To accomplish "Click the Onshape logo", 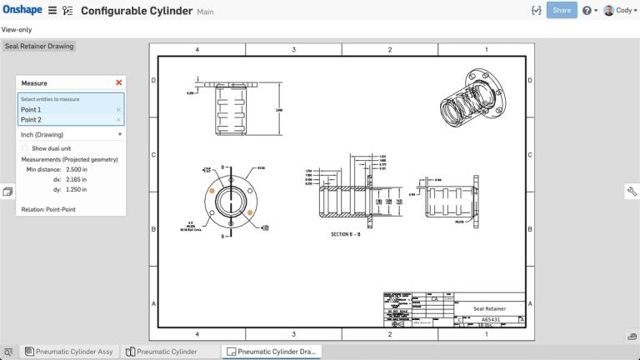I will click(22, 10).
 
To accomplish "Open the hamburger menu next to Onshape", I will click(52, 11).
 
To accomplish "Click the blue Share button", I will click(562, 10).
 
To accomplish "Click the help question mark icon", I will click(587, 11).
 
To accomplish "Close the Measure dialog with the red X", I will click(118, 82).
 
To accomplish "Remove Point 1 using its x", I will click(118, 110).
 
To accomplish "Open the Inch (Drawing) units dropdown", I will click(71, 134).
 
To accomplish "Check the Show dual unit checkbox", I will click(24, 148).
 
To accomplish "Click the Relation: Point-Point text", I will click(48, 209).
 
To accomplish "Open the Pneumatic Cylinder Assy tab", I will click(68, 352).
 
